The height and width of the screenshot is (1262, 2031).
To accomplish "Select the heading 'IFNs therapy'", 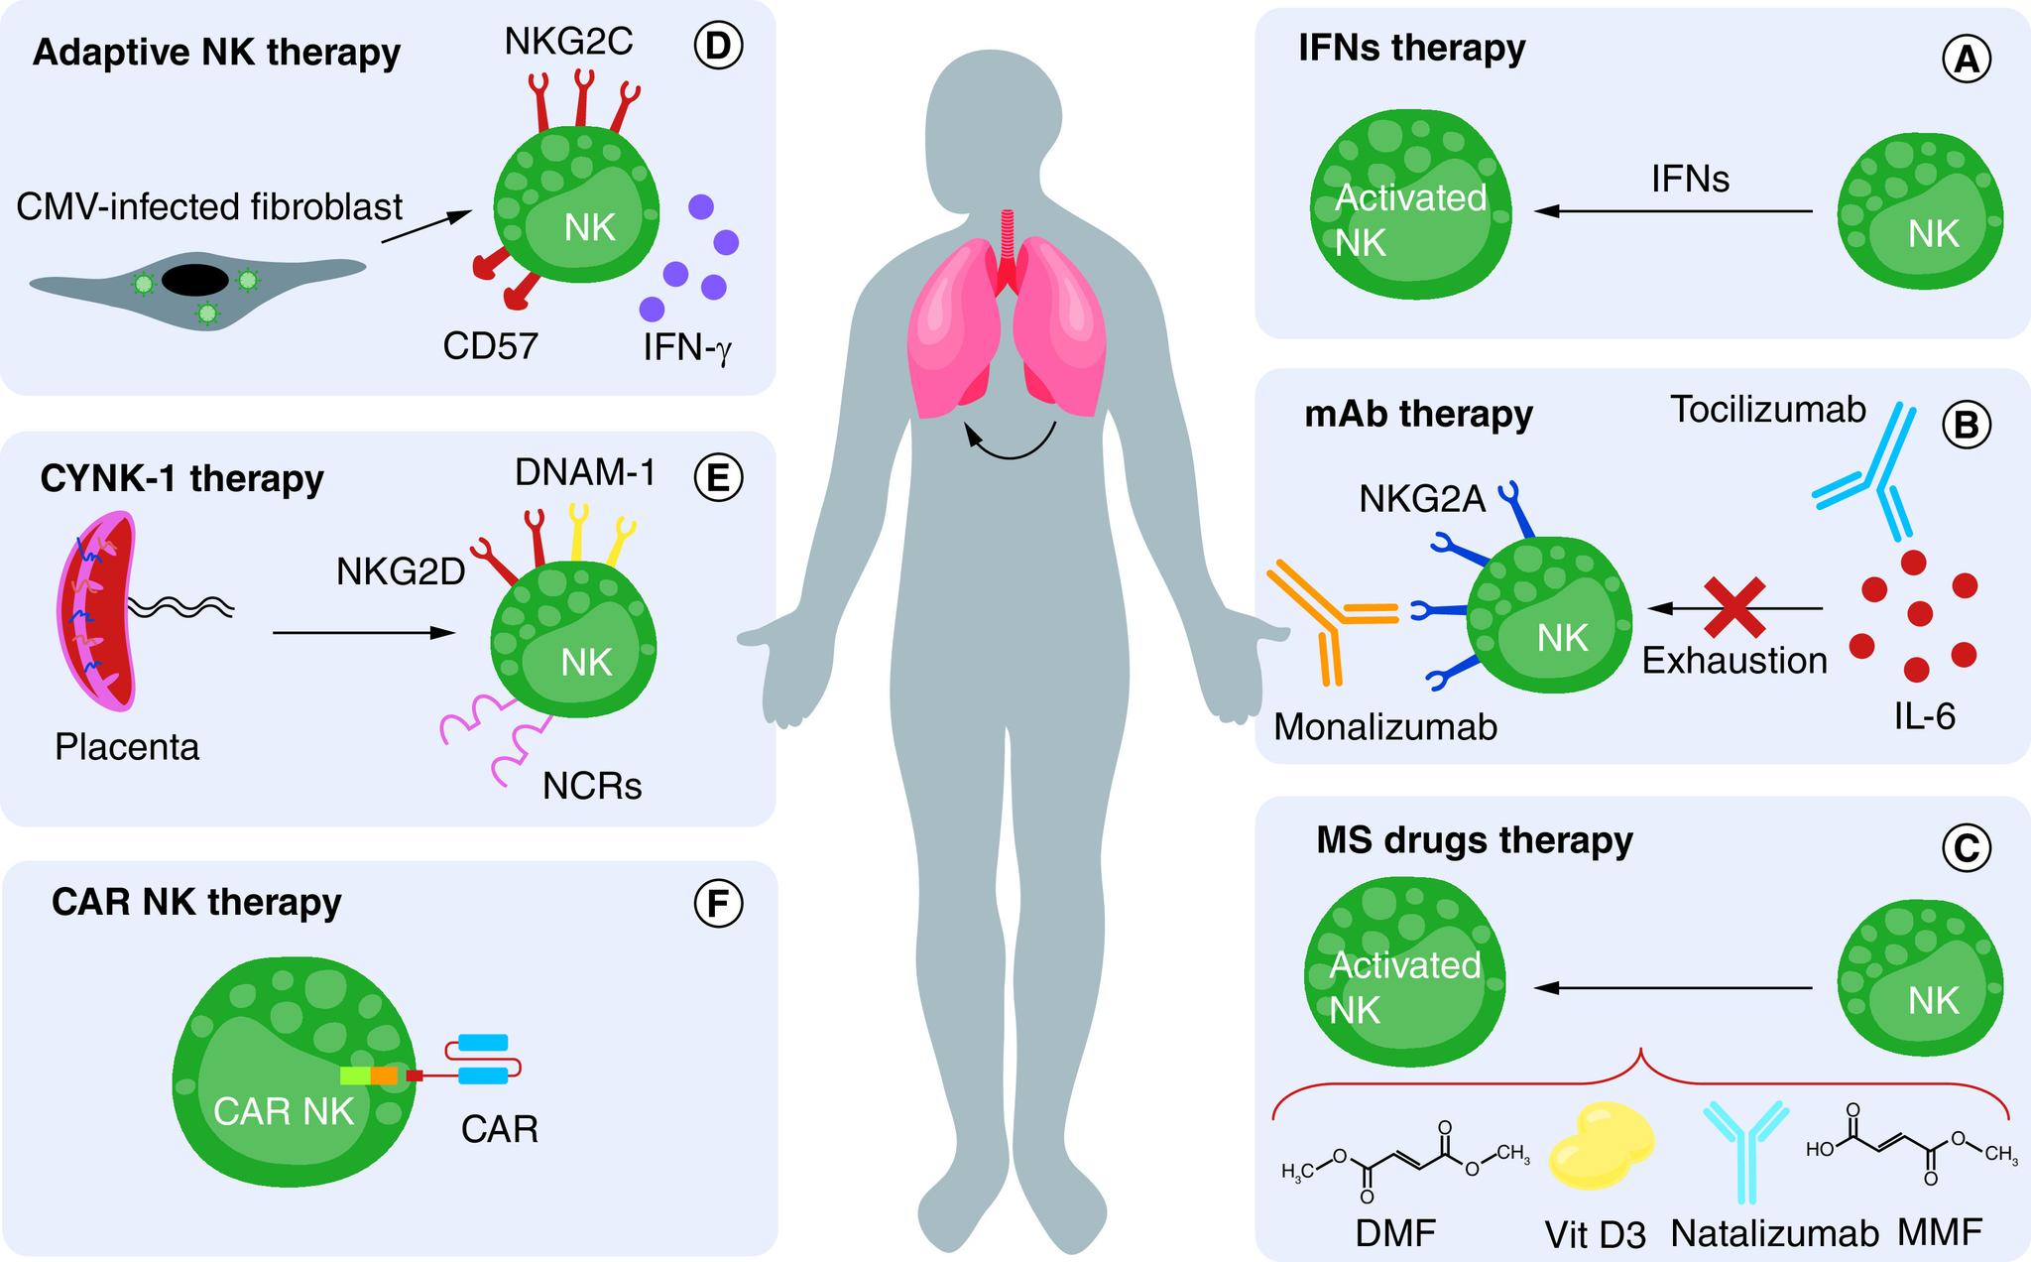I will click(1412, 48).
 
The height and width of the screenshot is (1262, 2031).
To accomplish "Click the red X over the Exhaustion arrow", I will click(1734, 607).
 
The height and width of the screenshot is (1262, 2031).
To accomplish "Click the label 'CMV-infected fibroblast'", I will click(209, 207).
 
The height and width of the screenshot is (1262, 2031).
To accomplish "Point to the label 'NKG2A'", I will click(1422, 499).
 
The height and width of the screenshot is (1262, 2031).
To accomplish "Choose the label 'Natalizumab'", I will click(1774, 1233).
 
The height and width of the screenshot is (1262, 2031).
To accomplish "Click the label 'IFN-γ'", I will click(687, 347).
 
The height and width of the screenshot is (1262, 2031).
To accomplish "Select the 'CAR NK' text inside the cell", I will click(284, 1111).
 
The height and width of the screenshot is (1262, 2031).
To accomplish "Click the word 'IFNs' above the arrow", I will click(1690, 180).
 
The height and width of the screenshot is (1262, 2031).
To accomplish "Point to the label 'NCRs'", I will click(592, 786).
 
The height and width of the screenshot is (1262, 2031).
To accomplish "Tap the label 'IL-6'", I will click(1924, 715).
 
